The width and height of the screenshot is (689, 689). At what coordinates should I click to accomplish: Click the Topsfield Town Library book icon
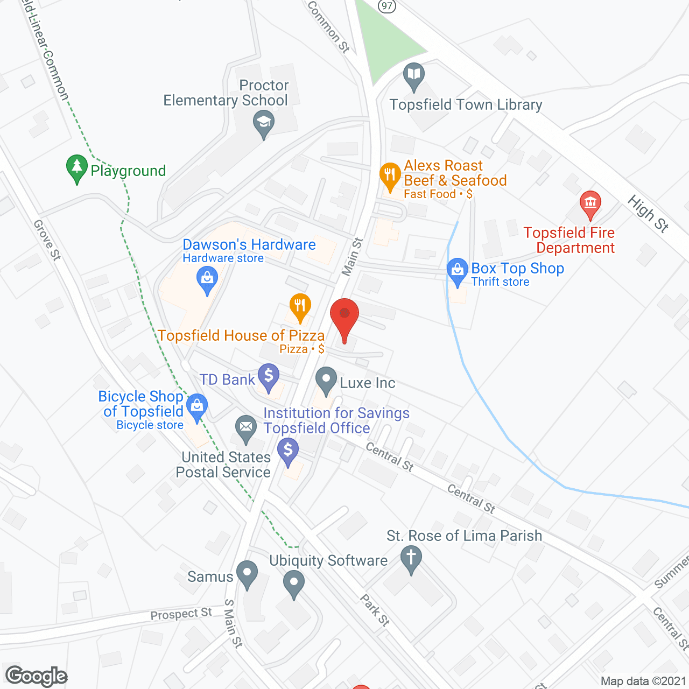413,75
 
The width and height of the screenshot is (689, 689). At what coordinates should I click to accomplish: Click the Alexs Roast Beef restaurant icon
389,175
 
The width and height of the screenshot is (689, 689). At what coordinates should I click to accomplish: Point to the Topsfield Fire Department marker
590,204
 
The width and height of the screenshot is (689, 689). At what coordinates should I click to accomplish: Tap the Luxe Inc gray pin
326,379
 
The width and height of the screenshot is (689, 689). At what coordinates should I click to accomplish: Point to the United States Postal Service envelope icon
246,428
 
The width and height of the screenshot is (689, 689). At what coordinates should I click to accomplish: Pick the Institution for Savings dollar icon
288,451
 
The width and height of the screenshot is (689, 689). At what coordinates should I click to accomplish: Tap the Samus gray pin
247,573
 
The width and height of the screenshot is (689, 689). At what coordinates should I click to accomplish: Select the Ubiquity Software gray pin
293,583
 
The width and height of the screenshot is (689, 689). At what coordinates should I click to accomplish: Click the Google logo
37,676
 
